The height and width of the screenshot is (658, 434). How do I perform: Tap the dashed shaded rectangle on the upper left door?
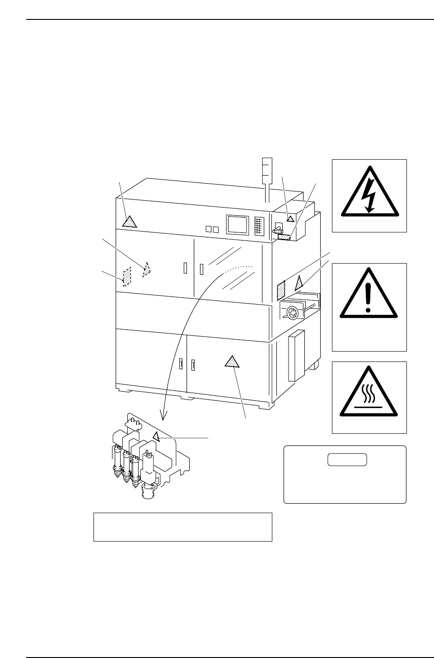[x=127, y=276]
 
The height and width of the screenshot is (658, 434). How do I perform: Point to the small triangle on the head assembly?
[x=156, y=436]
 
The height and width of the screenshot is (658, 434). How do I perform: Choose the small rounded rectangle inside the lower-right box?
[x=347, y=460]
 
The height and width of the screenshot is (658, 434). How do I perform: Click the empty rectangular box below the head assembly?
[x=182, y=527]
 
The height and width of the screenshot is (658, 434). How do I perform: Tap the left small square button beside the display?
[x=208, y=229]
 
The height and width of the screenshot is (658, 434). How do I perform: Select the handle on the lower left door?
[x=181, y=364]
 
